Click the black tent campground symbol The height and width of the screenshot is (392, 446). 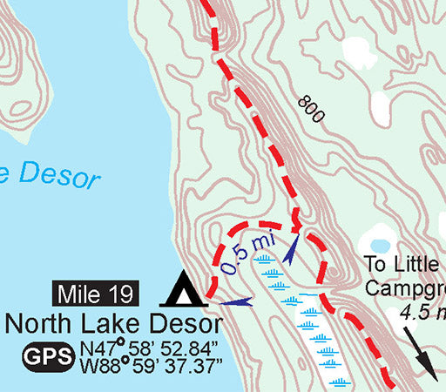(183, 289)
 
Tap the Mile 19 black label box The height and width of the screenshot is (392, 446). (96, 294)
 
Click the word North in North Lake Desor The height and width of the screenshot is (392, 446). (40, 325)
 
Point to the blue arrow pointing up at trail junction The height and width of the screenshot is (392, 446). (291, 246)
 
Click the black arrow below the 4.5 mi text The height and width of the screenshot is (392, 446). (422, 356)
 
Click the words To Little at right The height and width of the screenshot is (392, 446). (404, 265)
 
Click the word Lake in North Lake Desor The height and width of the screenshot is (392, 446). (111, 325)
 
